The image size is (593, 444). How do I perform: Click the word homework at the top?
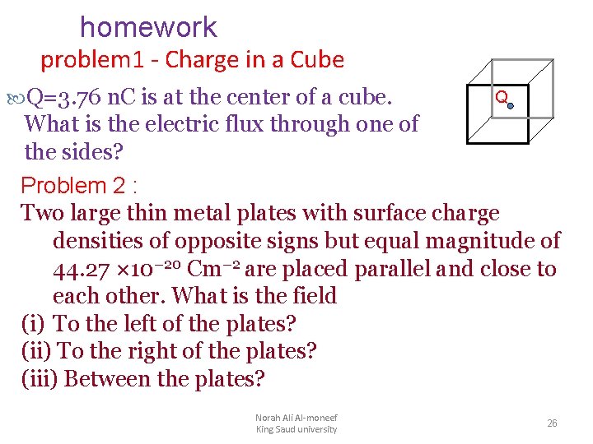pyautogui.click(x=148, y=28)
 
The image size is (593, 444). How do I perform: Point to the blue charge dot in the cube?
pyautogui.click(x=510, y=105)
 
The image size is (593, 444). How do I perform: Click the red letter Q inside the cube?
pyautogui.click(x=499, y=98)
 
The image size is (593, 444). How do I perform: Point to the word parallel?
pyautogui.click(x=401, y=270)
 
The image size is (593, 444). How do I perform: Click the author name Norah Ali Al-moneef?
pyautogui.click(x=296, y=418)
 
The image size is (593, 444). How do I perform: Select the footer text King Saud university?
pyautogui.click(x=296, y=429)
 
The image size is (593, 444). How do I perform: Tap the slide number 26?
pyautogui.click(x=553, y=423)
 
